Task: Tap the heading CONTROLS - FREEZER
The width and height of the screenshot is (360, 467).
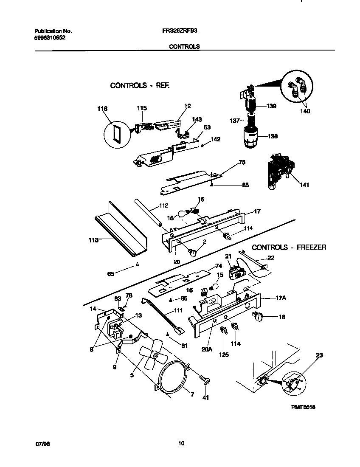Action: (289, 247)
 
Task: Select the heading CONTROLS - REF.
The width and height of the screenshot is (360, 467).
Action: (140, 85)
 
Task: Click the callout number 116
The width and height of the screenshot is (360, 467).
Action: (102, 109)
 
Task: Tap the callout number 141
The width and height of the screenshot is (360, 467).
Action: (304, 185)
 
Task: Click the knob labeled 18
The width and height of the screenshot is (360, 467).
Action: (257, 316)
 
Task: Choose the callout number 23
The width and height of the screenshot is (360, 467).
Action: (319, 356)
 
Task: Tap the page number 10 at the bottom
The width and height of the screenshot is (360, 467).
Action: (181, 444)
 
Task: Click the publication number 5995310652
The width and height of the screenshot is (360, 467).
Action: (50, 37)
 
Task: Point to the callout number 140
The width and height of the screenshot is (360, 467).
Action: (304, 112)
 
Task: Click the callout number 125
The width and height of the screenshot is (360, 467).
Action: (223, 354)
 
